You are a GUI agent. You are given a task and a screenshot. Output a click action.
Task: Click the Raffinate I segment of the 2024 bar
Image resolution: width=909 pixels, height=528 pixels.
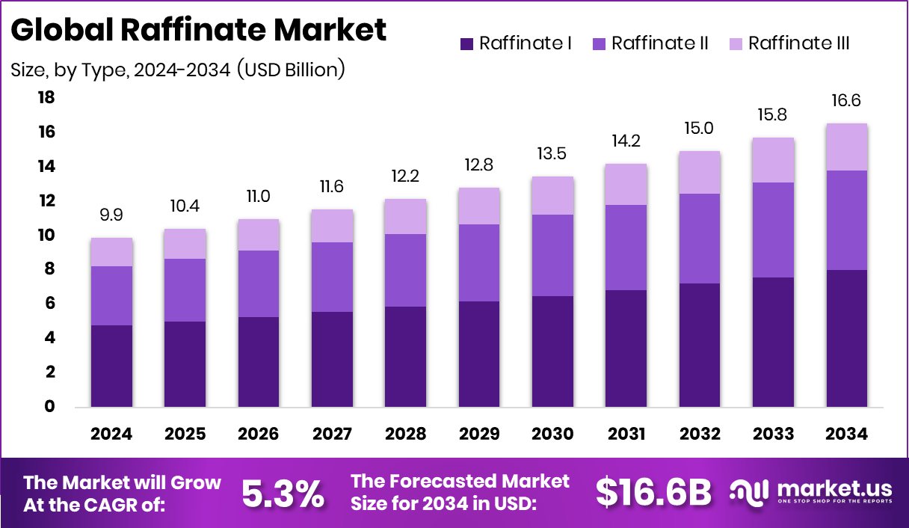(x=112, y=366)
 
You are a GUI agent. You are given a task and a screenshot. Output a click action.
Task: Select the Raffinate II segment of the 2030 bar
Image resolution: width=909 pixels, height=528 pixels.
(x=553, y=255)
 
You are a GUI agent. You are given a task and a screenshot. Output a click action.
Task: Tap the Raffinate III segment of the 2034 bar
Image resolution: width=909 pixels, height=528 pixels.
(x=847, y=147)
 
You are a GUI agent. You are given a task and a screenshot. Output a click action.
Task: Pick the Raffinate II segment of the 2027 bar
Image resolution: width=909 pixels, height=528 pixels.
(x=333, y=277)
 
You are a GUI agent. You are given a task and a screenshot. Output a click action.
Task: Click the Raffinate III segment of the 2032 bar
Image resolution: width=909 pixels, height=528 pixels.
(x=700, y=172)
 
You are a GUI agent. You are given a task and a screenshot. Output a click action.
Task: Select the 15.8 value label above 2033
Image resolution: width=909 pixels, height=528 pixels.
(x=774, y=115)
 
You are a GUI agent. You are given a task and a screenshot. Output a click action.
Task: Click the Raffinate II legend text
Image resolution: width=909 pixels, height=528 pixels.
(x=659, y=43)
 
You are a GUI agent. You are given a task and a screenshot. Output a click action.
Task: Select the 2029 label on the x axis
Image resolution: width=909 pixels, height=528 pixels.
(x=480, y=435)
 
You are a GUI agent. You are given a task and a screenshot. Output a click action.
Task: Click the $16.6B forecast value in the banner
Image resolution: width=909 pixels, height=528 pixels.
(x=653, y=493)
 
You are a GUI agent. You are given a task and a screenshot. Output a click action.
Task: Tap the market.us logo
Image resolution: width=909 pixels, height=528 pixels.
(x=811, y=492)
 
